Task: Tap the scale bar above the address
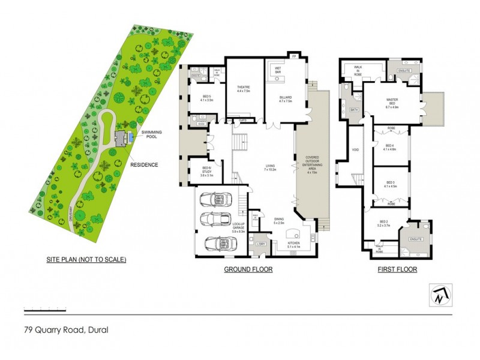44,311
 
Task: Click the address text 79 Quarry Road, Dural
66,329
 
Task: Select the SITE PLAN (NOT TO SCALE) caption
86,260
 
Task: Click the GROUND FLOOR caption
248,270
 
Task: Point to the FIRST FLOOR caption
397,270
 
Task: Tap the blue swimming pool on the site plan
130,139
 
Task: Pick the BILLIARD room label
285,98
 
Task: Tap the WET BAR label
278,70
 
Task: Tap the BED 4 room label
390,146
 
